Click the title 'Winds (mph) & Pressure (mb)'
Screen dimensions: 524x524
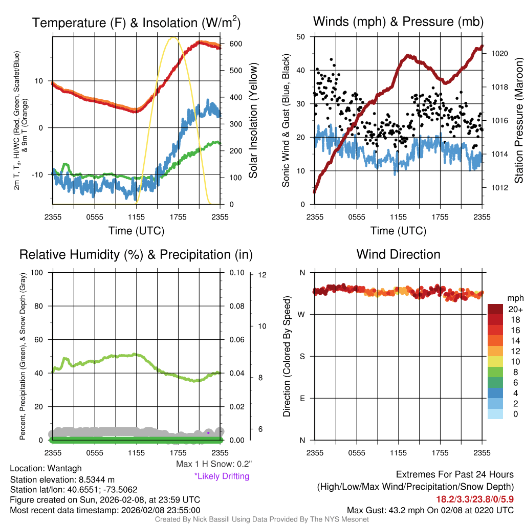coord(398,21)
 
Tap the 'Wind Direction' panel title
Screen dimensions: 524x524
coord(398,254)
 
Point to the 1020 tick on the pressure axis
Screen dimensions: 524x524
coord(498,53)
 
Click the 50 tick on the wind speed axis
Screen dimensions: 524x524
coord(301,37)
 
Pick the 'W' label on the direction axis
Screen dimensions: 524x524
coord(302,314)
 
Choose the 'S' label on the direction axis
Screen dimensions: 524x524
coord(302,356)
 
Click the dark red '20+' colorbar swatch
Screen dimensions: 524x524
coord(496,309)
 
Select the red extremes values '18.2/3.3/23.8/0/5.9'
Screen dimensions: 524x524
coord(475,499)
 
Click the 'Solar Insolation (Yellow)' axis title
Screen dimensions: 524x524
coord(253,121)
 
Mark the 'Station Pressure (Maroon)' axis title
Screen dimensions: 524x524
coord(518,121)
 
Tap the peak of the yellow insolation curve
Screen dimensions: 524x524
coord(174,37)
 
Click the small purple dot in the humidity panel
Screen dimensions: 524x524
coord(208,433)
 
